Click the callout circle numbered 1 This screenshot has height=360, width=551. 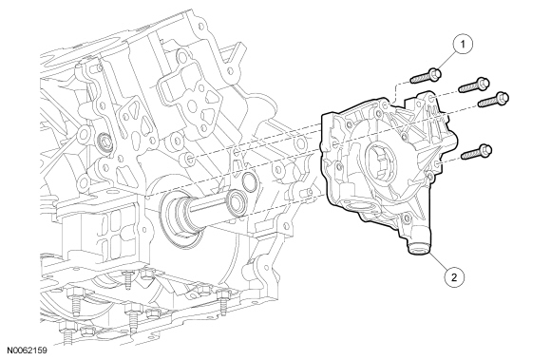coord(463,45)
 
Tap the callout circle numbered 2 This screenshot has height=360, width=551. coord(454,277)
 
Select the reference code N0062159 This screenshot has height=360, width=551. coord(27,350)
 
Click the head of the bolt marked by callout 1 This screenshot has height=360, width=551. coord(435,74)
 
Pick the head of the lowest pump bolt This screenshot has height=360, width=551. coord(485,150)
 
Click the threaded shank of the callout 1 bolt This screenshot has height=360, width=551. coord(420,78)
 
